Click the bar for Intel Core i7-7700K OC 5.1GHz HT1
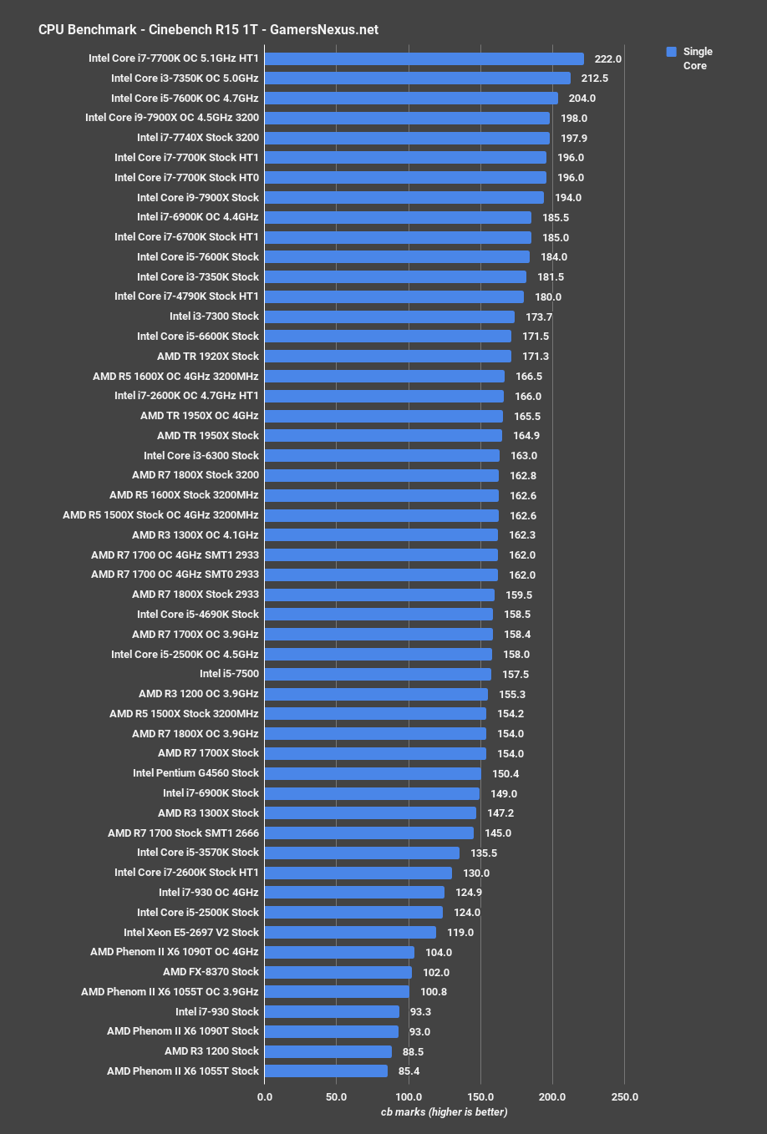(424, 58)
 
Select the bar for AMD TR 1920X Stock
(388, 357)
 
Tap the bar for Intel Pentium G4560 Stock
(373, 773)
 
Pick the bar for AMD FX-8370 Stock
(338, 972)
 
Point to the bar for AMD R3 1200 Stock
(328, 1051)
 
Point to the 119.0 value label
(460, 933)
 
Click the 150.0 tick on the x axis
(480, 1096)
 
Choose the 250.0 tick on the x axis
(624, 1096)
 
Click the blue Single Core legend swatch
(671, 52)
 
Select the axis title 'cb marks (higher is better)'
(444, 1111)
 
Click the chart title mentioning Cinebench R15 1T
(208, 29)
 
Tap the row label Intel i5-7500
(229, 674)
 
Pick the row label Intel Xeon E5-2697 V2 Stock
(191, 933)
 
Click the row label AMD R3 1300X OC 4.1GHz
(196, 535)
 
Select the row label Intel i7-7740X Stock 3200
(198, 138)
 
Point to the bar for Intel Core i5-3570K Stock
(362, 853)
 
